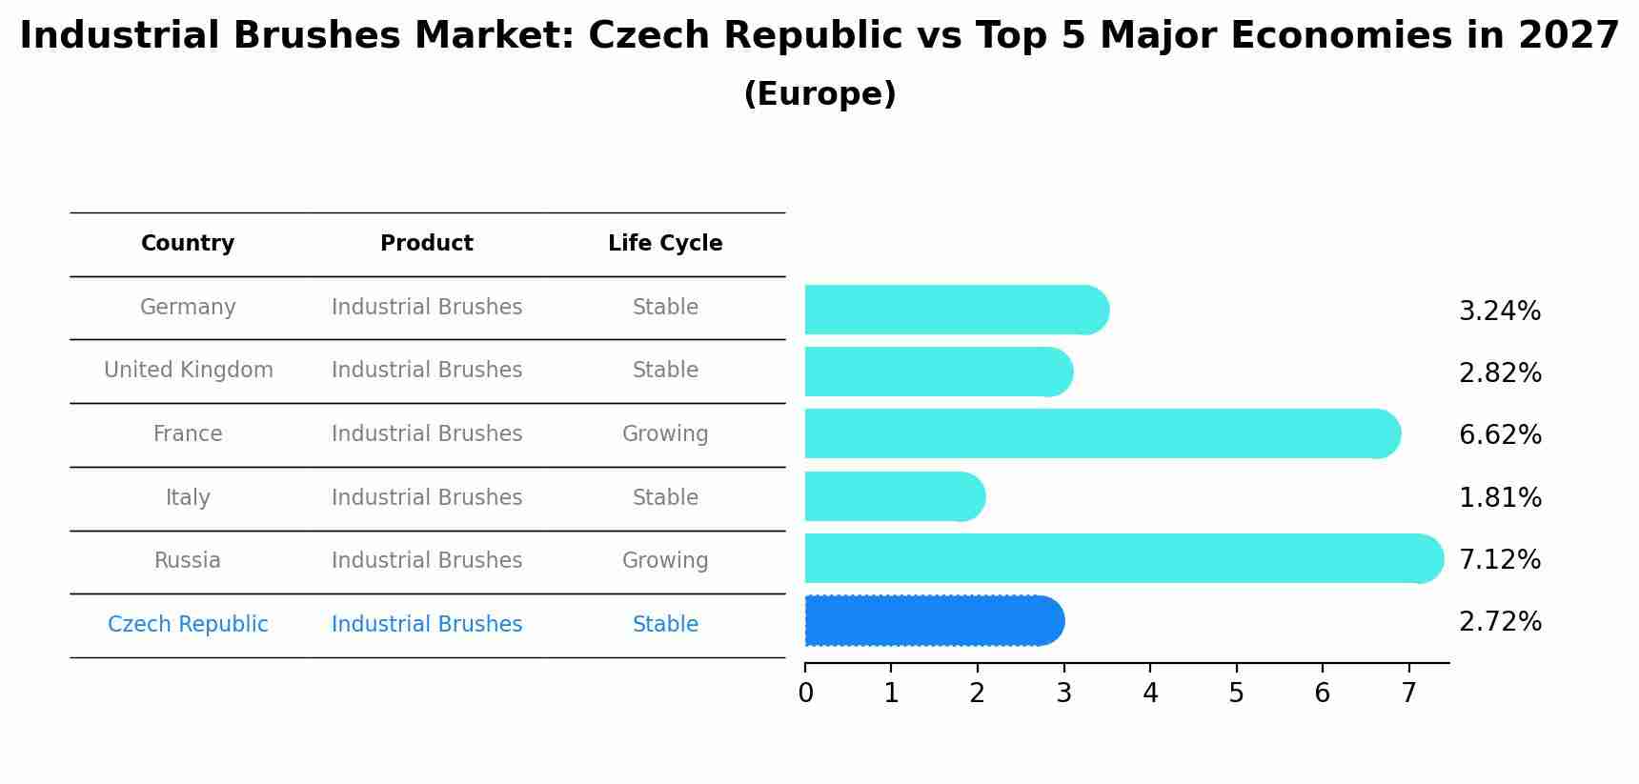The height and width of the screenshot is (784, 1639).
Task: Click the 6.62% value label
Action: (1499, 435)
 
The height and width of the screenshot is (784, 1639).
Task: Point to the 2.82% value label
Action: (1499, 373)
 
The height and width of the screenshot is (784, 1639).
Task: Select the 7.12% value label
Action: (1499, 559)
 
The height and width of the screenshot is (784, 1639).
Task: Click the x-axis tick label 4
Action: (1150, 694)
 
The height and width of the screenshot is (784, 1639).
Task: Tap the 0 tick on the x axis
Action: (805, 694)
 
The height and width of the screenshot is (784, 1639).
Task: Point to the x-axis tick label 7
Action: (1408, 694)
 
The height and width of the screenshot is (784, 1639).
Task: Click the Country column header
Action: (188, 244)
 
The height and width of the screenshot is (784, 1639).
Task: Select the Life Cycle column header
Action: (665, 244)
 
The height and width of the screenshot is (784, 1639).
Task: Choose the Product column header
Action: (426, 244)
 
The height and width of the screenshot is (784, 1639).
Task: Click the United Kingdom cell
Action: (188, 371)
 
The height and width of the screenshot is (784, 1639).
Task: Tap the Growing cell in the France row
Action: (665, 434)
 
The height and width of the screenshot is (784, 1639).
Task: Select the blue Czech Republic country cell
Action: (188, 625)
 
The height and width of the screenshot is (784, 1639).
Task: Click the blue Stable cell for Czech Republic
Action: (665, 625)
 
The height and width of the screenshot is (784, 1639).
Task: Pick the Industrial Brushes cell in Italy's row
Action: (426, 497)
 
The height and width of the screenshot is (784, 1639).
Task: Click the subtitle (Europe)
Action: (819, 94)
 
